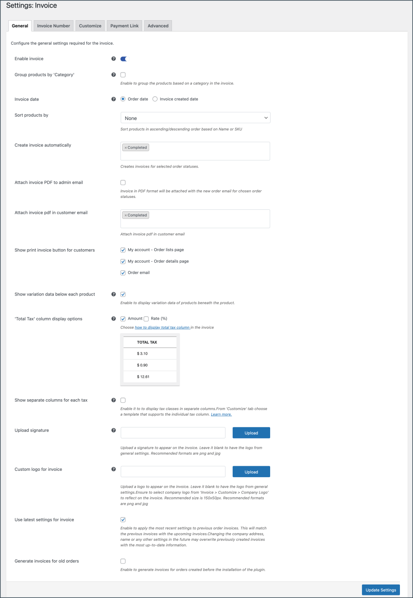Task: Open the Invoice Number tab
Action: [x=54, y=26]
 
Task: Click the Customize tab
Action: [x=90, y=26]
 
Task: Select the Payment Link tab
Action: [x=124, y=26]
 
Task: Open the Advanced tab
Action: [x=158, y=26]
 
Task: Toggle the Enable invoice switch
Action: [x=124, y=59]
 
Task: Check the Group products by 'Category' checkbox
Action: [x=123, y=75]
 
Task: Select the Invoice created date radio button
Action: [x=155, y=99]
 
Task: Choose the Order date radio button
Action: [x=123, y=99]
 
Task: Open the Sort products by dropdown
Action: [x=195, y=118]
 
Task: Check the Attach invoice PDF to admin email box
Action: [x=123, y=183]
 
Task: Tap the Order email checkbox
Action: [x=123, y=273]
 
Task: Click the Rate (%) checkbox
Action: [x=146, y=319]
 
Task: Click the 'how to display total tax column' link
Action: [x=162, y=327]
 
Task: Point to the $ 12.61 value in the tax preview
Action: [x=143, y=376]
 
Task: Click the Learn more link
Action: [x=221, y=414]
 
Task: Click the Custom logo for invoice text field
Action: [x=173, y=472]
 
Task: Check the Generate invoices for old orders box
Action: [x=123, y=561]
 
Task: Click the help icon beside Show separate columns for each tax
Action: [x=113, y=400]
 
